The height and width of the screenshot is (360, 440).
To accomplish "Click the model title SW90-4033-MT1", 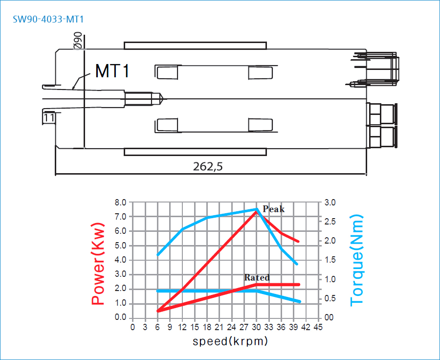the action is [x=48, y=20].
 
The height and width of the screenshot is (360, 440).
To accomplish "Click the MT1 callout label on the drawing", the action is [x=112, y=71].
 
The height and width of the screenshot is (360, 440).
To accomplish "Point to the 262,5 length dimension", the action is [x=208, y=166].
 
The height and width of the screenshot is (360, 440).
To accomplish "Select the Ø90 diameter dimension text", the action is [x=78, y=41].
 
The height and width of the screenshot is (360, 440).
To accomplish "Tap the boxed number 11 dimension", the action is [x=49, y=117].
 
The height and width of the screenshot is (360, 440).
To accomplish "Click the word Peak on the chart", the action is [x=273, y=209].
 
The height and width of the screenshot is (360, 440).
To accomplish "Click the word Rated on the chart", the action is [x=257, y=277].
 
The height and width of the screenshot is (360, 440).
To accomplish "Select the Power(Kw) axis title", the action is [x=98, y=264].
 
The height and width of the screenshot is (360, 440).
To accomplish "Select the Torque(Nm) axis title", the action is [x=357, y=260].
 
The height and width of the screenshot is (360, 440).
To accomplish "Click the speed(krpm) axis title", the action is [x=230, y=341].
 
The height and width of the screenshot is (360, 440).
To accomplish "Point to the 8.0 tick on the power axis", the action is [x=120, y=202].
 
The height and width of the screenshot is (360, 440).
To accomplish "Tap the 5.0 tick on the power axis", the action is [x=120, y=246].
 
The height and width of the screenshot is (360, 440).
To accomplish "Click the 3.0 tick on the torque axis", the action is [x=330, y=202].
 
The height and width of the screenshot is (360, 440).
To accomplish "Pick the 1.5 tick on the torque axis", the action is [x=330, y=260].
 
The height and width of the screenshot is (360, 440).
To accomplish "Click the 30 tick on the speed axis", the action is [x=256, y=327].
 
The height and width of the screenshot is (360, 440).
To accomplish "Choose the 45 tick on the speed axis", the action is [x=318, y=327].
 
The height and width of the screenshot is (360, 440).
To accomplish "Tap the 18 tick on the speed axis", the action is [x=207, y=327].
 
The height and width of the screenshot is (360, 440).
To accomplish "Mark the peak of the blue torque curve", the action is [x=257, y=209].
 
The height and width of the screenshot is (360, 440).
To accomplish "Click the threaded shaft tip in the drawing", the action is [x=161, y=99].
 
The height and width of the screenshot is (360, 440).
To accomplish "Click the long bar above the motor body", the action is [x=195, y=45].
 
